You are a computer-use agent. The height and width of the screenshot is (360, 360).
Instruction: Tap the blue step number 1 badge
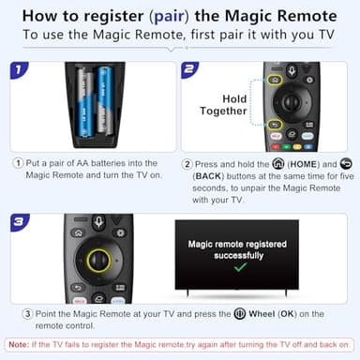pos(18,69)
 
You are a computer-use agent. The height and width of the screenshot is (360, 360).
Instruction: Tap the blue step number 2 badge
pos(190,69)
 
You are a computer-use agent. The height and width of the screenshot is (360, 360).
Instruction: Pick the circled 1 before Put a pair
pos(19,161)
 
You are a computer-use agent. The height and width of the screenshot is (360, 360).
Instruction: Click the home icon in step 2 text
pos(252,161)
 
